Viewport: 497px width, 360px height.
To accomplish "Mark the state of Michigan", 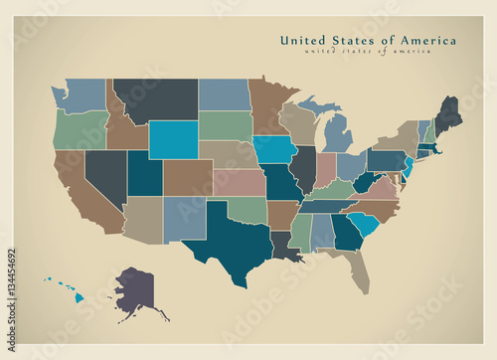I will point(338,134).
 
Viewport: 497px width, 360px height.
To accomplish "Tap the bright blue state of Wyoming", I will point(173,139).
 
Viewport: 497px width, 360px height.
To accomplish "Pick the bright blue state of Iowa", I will point(275,150).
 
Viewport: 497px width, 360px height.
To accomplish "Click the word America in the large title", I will point(427,41).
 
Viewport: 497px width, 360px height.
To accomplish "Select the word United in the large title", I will point(302,41).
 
